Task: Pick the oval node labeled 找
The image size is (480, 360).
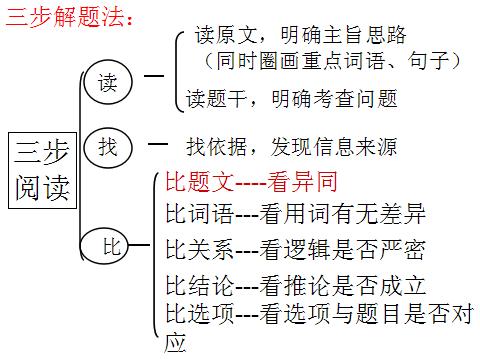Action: coord(107,146)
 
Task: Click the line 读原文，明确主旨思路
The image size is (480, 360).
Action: coord(301,36)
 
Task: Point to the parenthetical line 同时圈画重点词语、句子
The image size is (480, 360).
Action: coord(330,61)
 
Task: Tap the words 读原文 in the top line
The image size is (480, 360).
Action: coord(225,36)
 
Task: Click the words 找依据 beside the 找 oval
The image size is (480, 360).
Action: coord(215,147)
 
